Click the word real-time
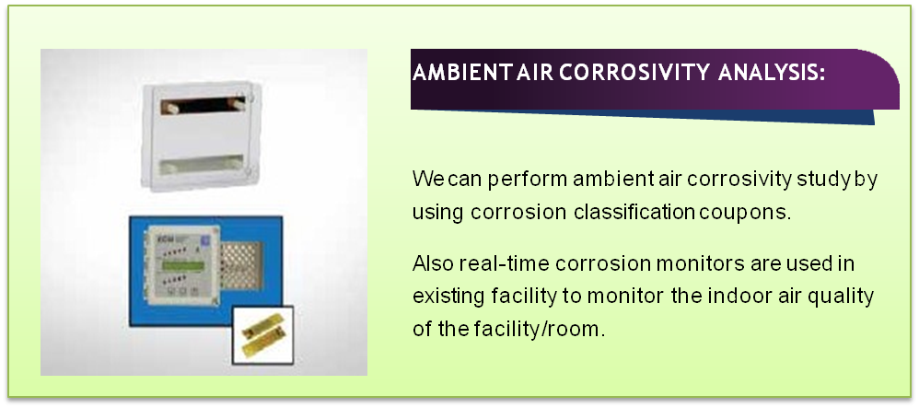tap(506, 263)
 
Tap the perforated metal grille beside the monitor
tap(241, 266)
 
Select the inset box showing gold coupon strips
tap(262, 334)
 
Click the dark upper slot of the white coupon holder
tap(203, 106)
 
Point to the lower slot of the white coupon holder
tap(202, 164)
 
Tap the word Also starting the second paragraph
tap(433, 263)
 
